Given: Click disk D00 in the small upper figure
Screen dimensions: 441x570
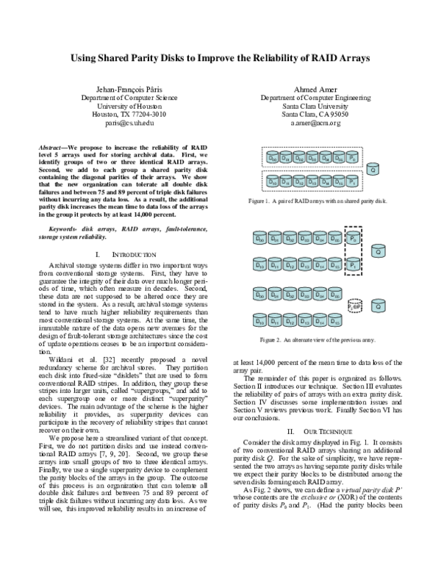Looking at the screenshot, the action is [273, 157].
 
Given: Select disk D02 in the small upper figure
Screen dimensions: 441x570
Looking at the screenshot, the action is [299, 157].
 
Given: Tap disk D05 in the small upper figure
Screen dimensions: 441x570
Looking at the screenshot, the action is [339, 157].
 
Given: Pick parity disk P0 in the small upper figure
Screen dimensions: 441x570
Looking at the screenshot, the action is [353, 157].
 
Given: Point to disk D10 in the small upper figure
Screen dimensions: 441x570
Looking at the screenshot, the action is [273, 181].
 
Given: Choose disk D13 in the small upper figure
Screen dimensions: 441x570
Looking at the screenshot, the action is [312, 181].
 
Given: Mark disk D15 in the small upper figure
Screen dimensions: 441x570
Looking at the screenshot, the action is [339, 181].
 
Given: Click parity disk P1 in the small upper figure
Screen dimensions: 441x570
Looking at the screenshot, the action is [353, 181].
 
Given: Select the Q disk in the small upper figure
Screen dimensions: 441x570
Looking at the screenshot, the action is [373, 169].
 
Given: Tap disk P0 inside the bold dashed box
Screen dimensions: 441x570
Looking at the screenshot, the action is [354, 238].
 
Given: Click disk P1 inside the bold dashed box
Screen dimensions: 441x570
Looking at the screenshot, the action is [354, 264].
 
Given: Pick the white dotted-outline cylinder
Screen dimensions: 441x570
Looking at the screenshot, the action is [355, 306].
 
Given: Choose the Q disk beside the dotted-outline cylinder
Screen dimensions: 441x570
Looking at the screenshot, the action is [379, 306].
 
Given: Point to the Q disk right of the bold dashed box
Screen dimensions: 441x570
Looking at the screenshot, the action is [379, 250].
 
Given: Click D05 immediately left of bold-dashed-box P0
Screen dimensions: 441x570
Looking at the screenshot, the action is [334, 238].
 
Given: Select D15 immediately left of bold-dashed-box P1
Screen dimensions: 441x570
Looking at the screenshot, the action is [334, 264].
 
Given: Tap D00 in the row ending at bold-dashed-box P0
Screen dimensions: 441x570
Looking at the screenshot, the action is [259, 238].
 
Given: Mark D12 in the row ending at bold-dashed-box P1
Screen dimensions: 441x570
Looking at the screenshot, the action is [290, 264].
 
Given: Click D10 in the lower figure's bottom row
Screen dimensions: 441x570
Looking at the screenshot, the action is [259, 320].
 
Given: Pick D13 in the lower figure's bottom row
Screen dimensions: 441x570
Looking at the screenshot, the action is [304, 320].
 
